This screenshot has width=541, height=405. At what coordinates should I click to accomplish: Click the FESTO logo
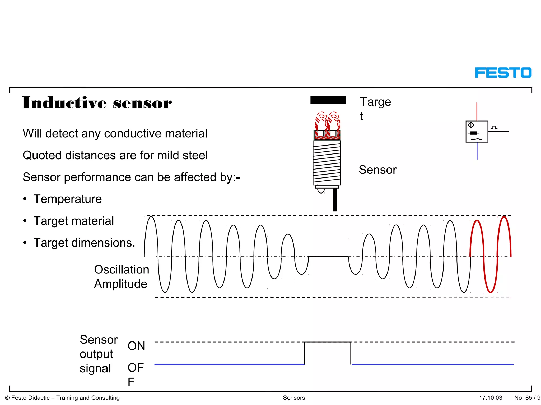(x=503, y=73)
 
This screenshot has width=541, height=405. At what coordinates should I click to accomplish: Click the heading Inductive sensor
(x=97, y=103)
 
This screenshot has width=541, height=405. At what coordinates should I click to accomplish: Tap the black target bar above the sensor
(x=328, y=100)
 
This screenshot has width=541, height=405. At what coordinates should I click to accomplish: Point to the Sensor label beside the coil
(x=377, y=170)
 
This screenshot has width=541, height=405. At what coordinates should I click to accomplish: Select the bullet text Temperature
(x=67, y=199)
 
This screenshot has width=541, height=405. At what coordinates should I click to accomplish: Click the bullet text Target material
(x=73, y=221)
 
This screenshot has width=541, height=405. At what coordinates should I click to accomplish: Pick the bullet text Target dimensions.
(x=84, y=243)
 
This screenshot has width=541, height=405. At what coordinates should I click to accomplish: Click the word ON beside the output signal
(x=136, y=346)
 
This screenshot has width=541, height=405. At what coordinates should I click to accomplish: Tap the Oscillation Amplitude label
(x=121, y=277)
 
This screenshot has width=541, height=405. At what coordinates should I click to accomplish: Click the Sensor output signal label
(x=98, y=354)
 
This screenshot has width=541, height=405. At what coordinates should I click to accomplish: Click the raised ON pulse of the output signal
(x=328, y=342)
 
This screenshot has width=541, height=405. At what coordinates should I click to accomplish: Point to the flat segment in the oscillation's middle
(x=328, y=256)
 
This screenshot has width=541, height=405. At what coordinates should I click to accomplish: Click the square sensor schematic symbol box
(x=477, y=132)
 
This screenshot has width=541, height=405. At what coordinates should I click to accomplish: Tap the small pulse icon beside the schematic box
(x=494, y=128)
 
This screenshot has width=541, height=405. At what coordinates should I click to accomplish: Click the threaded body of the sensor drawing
(x=327, y=163)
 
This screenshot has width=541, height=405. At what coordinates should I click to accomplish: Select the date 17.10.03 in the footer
(x=491, y=398)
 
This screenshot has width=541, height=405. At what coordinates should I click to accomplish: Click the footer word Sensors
(x=294, y=398)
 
